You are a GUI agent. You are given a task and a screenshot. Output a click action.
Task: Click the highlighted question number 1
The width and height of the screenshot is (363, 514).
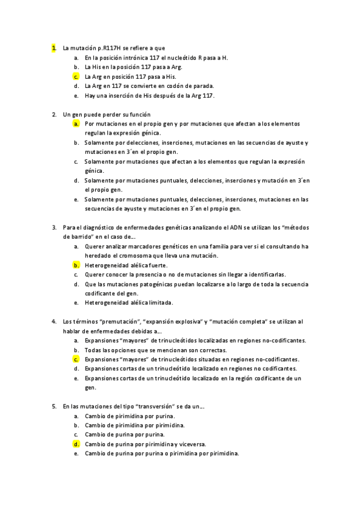point(54,48)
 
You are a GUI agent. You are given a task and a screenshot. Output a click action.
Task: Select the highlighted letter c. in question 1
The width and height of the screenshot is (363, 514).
point(76,77)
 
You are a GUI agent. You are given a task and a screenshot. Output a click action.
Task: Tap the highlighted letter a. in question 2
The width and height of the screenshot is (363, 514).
point(76,124)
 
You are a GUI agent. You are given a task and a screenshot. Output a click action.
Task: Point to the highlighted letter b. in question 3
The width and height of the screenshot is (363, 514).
point(76,265)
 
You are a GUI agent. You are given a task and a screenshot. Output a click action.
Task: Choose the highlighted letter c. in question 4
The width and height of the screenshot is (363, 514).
point(76,359)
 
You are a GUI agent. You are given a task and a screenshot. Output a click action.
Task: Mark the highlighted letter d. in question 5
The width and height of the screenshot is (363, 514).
point(76,444)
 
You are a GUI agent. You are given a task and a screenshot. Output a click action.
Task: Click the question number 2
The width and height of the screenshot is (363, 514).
point(54,114)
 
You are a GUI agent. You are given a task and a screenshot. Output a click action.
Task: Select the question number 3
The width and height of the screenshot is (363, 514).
point(54,227)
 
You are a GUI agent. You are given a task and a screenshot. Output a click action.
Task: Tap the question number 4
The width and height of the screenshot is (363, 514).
point(54,321)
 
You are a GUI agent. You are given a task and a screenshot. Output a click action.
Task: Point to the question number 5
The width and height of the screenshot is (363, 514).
point(54,406)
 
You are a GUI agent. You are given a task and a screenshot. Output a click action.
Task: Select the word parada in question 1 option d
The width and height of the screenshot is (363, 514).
point(202,86)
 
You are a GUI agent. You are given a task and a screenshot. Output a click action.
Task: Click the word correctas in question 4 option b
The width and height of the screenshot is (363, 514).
point(195,350)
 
